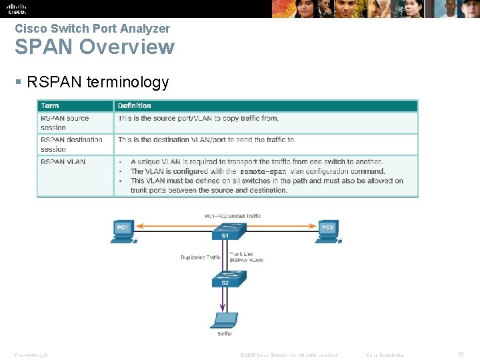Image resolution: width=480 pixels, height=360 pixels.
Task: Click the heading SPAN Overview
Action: (95, 47)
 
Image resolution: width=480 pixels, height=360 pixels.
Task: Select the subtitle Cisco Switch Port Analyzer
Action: (92, 29)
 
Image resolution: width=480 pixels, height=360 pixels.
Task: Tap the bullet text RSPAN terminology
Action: (97, 82)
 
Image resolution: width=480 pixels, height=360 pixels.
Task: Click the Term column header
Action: (50, 105)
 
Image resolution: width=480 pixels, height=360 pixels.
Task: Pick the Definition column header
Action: (134, 105)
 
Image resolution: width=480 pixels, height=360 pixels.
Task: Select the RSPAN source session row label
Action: (65, 123)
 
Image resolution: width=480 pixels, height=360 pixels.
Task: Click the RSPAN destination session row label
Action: (71, 144)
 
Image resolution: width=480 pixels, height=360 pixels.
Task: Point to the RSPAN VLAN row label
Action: (63, 161)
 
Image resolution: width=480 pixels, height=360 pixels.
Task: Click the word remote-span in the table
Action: (264, 171)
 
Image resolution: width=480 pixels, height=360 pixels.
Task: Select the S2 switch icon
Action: (225, 279)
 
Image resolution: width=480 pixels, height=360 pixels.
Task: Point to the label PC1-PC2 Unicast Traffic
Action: (233, 216)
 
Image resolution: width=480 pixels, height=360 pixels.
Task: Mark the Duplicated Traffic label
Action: (200, 257)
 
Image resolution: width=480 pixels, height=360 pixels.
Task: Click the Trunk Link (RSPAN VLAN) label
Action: (246, 257)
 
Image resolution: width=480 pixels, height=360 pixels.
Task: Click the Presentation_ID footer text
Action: (31, 355)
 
